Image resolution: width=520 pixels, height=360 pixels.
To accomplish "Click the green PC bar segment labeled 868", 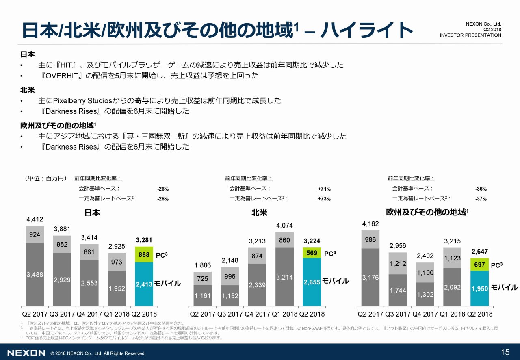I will (x=144, y=254).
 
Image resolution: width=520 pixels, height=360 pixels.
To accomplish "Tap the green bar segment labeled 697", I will (x=479, y=265).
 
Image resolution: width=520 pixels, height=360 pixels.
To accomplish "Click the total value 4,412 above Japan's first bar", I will (x=35, y=219).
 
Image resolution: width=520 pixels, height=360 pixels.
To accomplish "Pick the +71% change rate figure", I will (x=324, y=189).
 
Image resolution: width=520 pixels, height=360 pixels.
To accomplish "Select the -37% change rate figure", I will (x=481, y=199).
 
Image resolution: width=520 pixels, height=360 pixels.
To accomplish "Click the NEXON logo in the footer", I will (x=26, y=353).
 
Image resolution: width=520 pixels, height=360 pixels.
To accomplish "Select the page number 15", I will (x=505, y=352).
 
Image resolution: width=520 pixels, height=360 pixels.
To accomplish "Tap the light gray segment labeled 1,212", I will (x=397, y=263).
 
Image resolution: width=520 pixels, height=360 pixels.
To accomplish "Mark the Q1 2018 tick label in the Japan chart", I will (x=116, y=314).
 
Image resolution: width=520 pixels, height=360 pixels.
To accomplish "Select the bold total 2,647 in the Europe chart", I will (x=479, y=252).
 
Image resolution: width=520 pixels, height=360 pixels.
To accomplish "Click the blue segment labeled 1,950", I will (x=479, y=288).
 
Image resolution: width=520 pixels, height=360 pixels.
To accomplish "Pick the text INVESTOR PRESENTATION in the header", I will (x=470, y=35).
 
